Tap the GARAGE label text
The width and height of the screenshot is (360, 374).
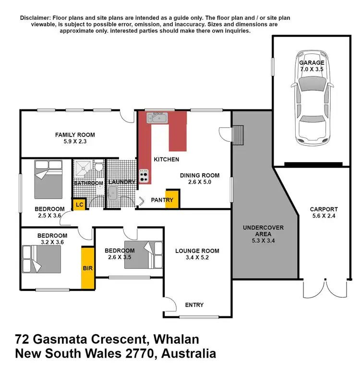312,62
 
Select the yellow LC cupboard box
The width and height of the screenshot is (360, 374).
78,204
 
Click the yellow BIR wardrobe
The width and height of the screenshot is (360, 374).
87,268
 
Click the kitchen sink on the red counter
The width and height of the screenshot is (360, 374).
157,117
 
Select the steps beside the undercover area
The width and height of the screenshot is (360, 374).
238,135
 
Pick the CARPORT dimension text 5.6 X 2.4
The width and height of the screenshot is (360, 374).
324,216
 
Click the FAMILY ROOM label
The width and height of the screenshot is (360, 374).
74,135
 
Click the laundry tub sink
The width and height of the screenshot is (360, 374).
114,194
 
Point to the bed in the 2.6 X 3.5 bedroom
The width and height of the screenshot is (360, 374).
144,254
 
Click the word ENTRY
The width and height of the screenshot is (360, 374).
194,305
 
